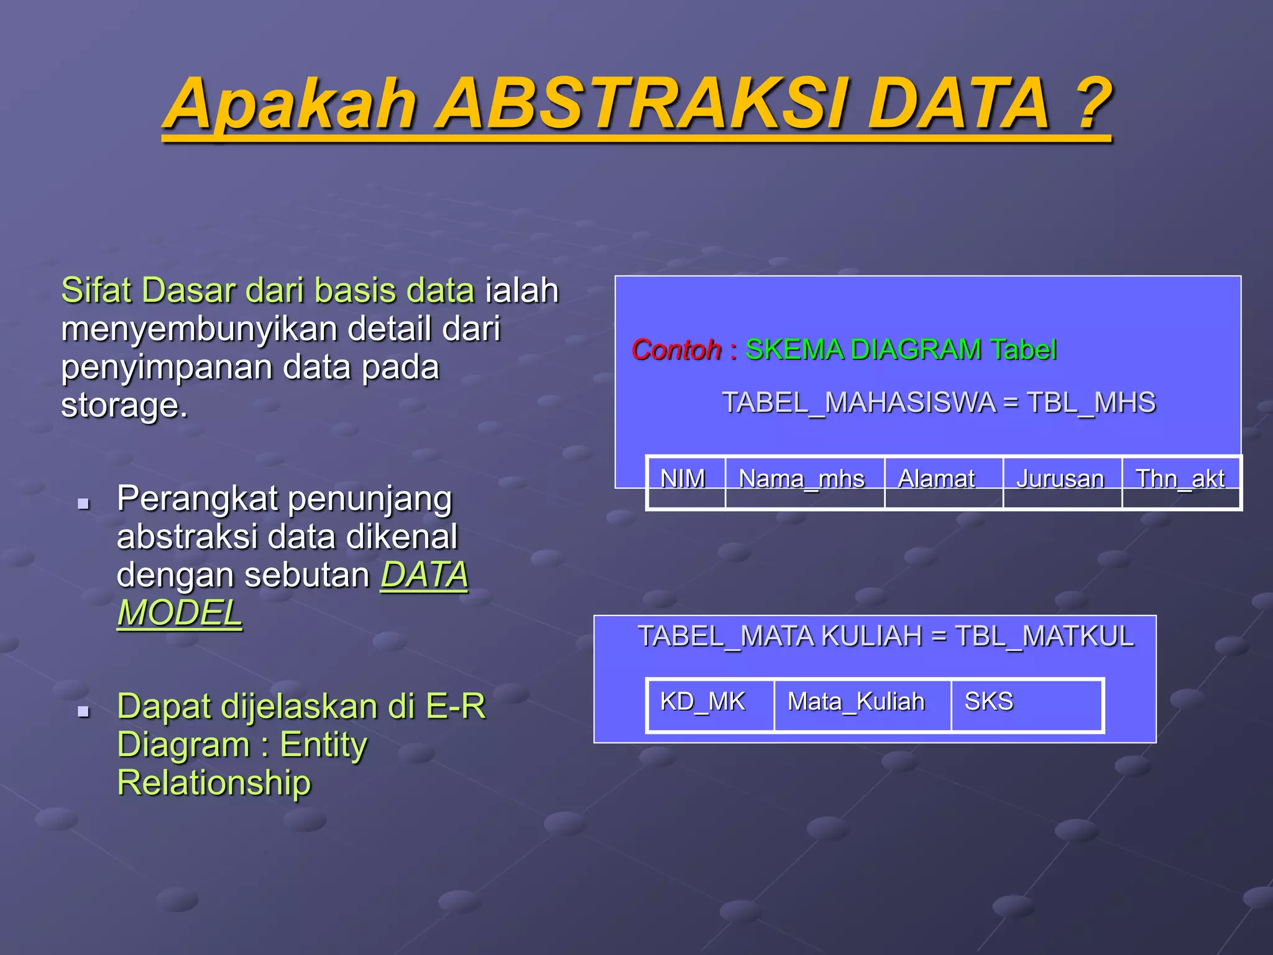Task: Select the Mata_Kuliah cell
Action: click(857, 702)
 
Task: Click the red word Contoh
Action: click(676, 350)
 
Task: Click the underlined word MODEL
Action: click(180, 614)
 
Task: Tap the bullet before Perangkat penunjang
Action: click(83, 503)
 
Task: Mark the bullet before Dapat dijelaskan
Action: click(83, 711)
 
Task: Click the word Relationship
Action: click(214, 783)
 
